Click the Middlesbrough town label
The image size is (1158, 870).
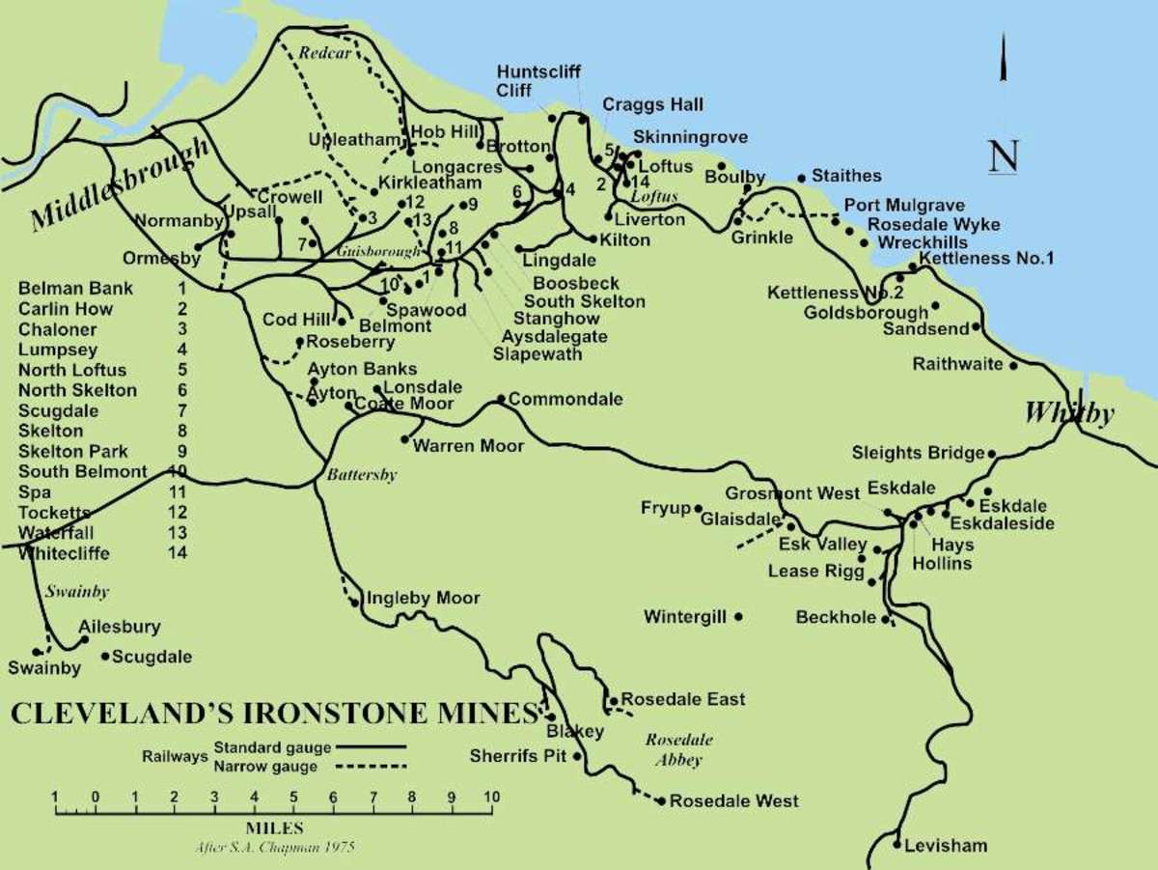coord(121,184)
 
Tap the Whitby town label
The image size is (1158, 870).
coord(1069,413)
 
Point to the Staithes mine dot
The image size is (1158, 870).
coord(802,178)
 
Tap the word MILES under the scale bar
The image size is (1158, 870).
coord(274,828)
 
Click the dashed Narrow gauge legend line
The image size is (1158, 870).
coord(372,767)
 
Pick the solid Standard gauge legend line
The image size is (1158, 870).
coord(372,747)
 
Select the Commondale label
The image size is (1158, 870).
coord(565,399)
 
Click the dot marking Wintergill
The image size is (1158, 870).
coord(738,616)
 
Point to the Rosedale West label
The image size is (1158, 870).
coord(733,801)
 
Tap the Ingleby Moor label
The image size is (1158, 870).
coord(422,599)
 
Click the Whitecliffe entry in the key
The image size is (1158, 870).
coord(63,553)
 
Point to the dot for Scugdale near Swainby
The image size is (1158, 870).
coord(105,657)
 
